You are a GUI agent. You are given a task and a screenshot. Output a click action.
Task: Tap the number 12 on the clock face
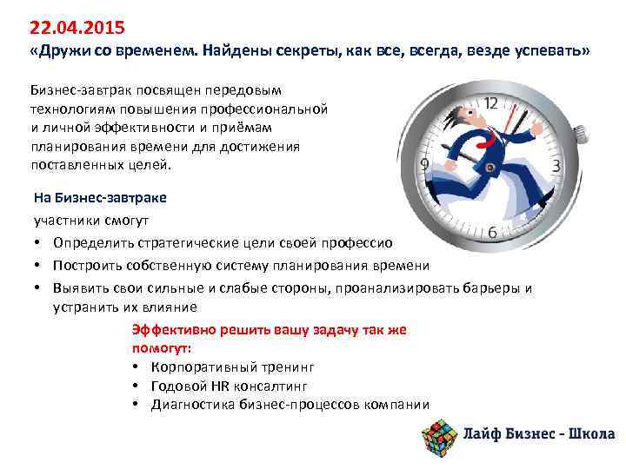(491, 102)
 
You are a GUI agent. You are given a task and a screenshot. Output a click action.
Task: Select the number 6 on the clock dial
(492, 233)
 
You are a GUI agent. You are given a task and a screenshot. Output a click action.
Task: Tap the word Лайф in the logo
(482, 434)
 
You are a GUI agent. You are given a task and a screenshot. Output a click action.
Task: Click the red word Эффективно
(170, 330)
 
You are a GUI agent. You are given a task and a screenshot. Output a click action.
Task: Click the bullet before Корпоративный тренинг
(137, 367)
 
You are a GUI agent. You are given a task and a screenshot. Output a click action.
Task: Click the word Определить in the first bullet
(90, 241)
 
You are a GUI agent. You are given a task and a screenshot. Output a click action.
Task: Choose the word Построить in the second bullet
(87, 265)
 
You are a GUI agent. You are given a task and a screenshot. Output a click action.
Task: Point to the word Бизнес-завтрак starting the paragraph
(77, 91)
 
